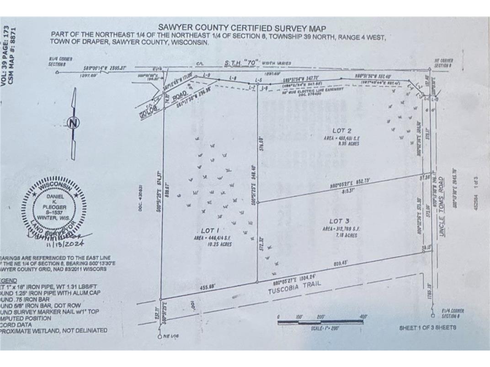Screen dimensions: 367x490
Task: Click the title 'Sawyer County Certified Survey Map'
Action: click(242, 28)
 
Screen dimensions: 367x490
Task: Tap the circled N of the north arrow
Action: click(72, 122)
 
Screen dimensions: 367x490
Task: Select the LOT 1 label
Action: click(211, 231)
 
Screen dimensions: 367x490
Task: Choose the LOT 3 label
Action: click(339, 221)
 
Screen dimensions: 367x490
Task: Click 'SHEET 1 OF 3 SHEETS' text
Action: click(427, 327)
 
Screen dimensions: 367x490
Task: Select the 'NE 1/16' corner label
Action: click(171, 336)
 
